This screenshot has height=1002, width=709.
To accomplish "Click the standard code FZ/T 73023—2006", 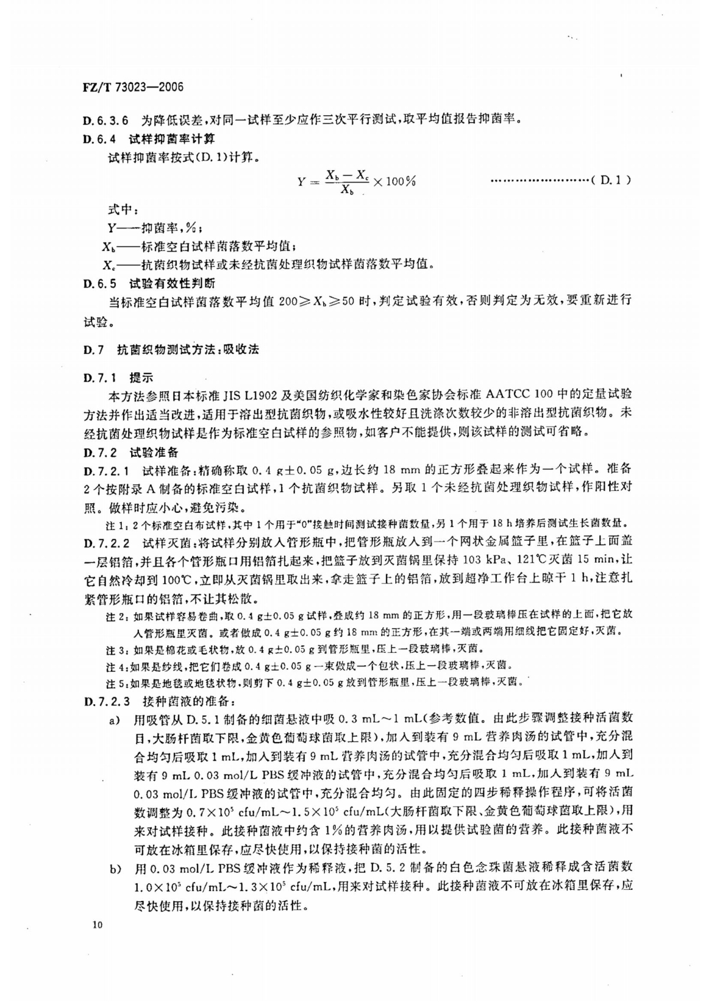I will [x=134, y=87].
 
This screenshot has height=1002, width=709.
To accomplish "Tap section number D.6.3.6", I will [x=106, y=120].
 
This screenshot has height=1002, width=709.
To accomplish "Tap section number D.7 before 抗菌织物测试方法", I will [x=93, y=349].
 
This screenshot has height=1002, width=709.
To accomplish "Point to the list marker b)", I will [x=113, y=868].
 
